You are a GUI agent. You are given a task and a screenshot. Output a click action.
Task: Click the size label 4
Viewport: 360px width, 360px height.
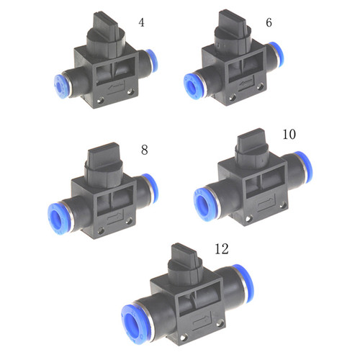click(x=141, y=22)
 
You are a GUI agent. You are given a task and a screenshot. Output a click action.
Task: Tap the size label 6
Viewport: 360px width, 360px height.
click(x=269, y=22)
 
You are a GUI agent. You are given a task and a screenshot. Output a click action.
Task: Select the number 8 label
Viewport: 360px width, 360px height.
click(x=144, y=150)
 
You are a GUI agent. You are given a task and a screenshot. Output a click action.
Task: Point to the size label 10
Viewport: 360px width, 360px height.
click(x=289, y=135)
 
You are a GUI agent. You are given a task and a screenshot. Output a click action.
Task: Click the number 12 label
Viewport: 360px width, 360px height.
click(x=221, y=249)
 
